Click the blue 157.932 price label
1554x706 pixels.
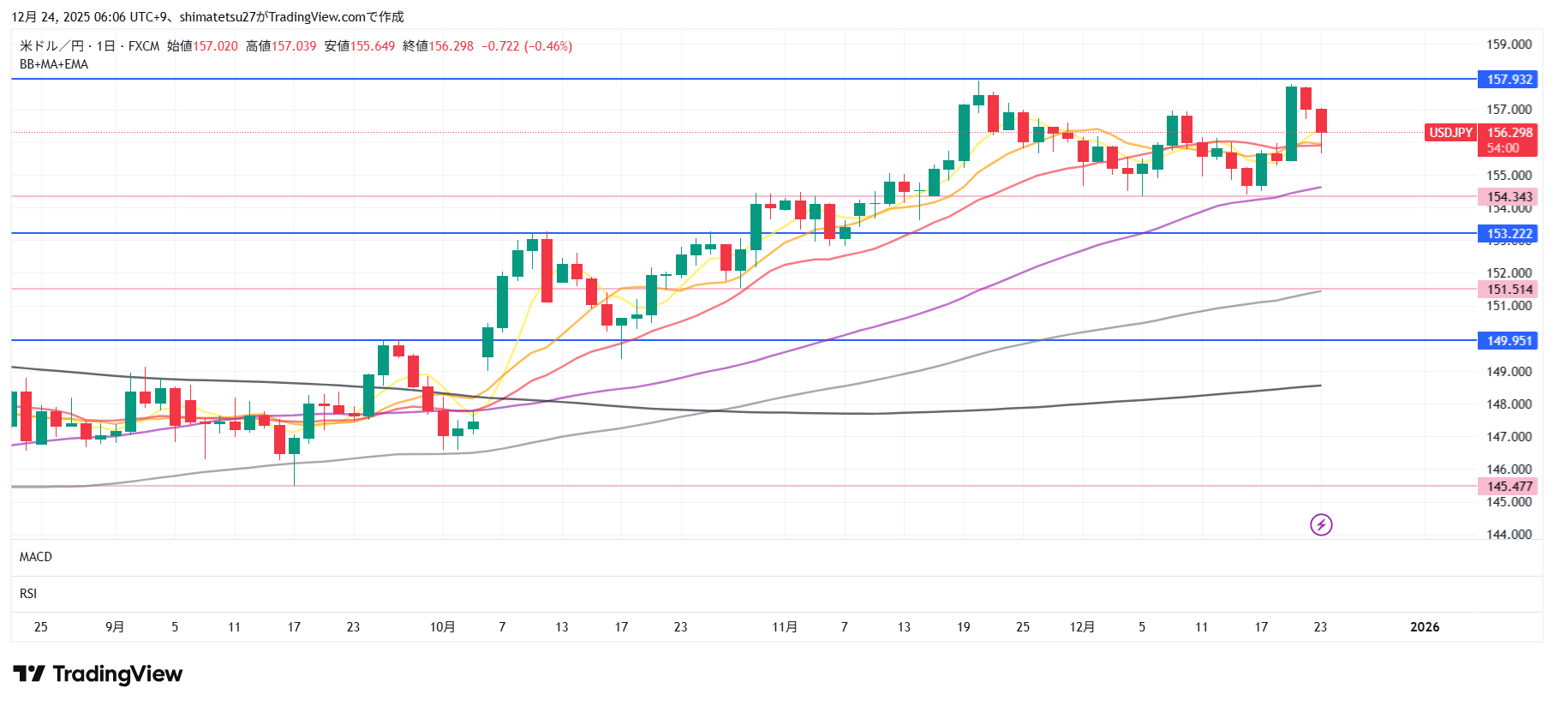pos(1508,80)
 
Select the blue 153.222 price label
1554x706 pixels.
pos(1508,234)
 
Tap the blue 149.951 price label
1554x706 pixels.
pos(1508,341)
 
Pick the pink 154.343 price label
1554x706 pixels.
pos(1508,197)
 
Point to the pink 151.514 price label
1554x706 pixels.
pos(1508,290)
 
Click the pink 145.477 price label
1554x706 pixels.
pos(1508,487)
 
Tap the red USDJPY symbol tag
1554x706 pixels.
pos(1450,133)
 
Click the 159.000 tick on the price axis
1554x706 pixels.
pos(1509,45)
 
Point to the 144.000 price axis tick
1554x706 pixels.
pos(1509,535)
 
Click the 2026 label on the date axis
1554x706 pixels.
pos(1425,627)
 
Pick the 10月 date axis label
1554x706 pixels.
pos(442,627)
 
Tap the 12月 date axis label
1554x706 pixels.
pos(1082,627)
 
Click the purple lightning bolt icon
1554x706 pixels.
pos(1321,524)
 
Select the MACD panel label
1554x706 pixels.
pos(36,557)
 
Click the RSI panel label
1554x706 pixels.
pos(28,594)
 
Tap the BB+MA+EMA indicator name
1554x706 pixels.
pos(54,64)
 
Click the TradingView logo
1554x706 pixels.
pos(98,674)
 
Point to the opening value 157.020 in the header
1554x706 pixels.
pos(215,46)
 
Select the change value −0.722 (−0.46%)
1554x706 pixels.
pos(527,46)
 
